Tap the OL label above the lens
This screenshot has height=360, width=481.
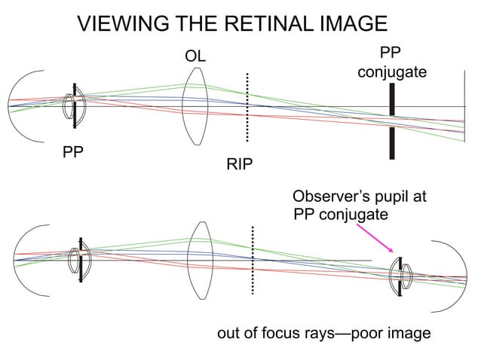pyautogui.click(x=195, y=57)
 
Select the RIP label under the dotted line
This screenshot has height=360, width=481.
pyautogui.click(x=240, y=165)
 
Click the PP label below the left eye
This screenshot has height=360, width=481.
pyautogui.click(x=73, y=153)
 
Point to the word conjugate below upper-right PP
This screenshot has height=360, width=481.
pyautogui.click(x=391, y=73)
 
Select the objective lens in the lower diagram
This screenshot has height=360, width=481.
pyautogui.click(x=201, y=260)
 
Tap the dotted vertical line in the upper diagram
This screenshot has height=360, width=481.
pyautogui.click(x=247, y=107)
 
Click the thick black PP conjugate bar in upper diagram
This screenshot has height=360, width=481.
pyautogui.click(x=391, y=121)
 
